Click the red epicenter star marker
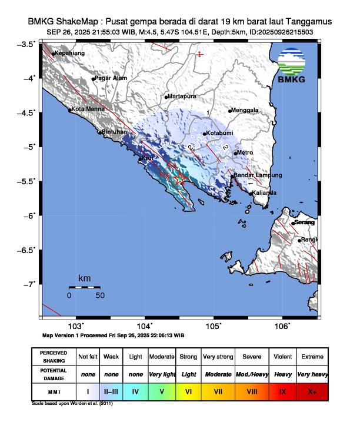pos(181,179)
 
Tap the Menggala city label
pos(246,110)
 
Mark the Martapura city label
pos(181,96)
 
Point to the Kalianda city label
pos(264,192)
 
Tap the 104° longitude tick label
pos(145,326)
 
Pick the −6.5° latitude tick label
pos(28,250)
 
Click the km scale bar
pos(84,287)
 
